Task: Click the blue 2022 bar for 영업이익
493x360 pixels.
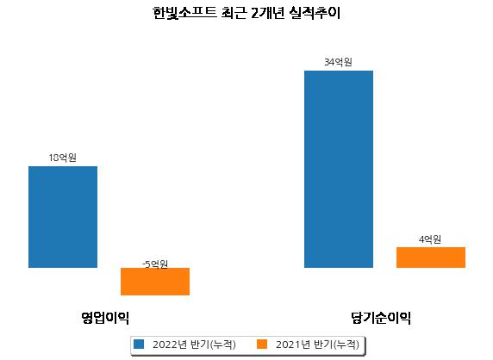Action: pyautogui.click(x=63, y=217)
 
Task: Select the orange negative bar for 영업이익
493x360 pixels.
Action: pyautogui.click(x=155, y=282)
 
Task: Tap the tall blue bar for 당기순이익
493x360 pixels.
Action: pyautogui.click(x=339, y=170)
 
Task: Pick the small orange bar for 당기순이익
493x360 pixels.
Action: pyautogui.click(x=431, y=258)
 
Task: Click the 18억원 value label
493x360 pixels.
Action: pyautogui.click(x=63, y=158)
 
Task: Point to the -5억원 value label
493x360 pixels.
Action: pyautogui.click(x=155, y=264)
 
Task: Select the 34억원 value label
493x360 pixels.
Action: pyautogui.click(x=339, y=62)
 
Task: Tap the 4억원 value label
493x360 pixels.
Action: pyautogui.click(x=430, y=239)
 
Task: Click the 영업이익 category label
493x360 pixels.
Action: pyautogui.click(x=105, y=318)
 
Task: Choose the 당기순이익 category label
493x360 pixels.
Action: pyautogui.click(x=381, y=318)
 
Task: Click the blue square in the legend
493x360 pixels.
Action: pyautogui.click(x=139, y=344)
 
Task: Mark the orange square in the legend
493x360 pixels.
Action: pyautogui.click(x=262, y=344)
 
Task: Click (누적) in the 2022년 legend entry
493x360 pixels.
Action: pyautogui.click(x=222, y=344)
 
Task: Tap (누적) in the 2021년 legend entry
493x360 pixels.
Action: pyautogui.click(x=346, y=344)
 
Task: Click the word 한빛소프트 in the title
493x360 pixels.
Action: pyautogui.click(x=184, y=13)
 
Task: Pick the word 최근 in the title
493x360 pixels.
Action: pyautogui.click(x=234, y=13)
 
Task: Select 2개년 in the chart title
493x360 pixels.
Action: pyautogui.click(x=268, y=13)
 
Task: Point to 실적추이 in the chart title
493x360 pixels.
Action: pyautogui.click(x=315, y=13)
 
